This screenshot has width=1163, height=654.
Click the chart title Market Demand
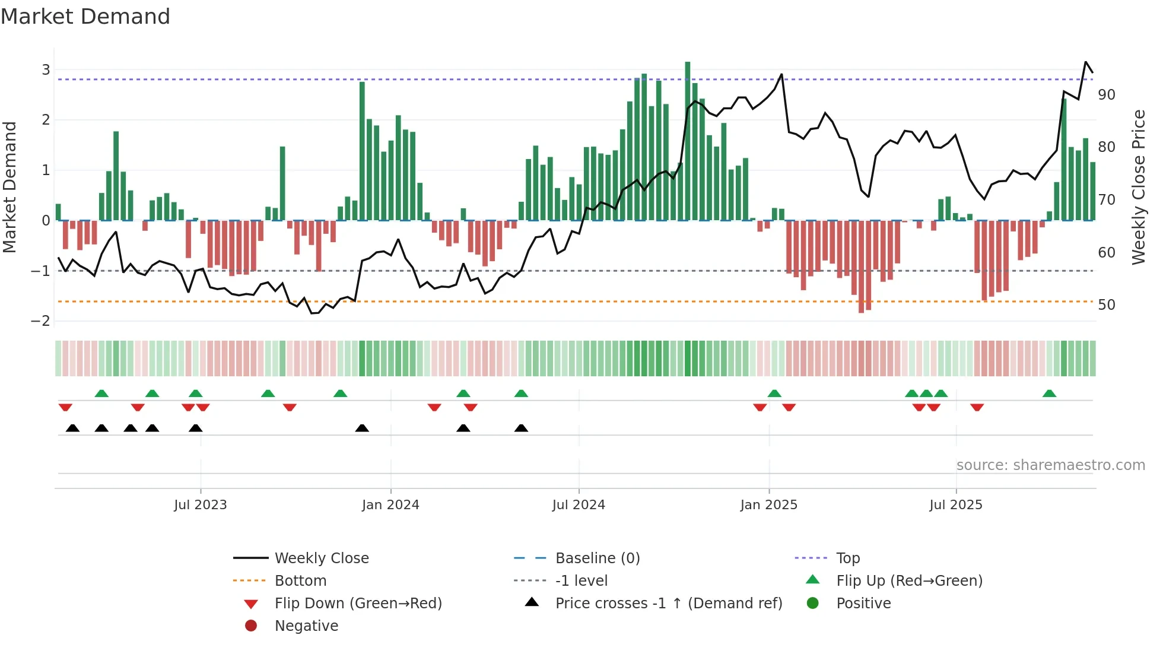tap(85, 17)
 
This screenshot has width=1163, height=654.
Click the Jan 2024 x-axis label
tap(390, 505)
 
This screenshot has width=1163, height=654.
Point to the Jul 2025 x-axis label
tap(956, 505)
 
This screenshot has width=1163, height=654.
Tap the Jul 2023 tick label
tap(201, 505)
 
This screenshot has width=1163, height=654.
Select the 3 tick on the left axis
tap(46, 70)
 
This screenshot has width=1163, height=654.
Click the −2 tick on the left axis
tap(41, 321)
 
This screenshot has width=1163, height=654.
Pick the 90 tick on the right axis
tap(1106, 95)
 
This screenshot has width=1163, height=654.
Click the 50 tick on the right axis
tap(1106, 305)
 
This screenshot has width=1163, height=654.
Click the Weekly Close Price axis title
tap(1138, 187)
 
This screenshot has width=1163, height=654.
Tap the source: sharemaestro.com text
tap(1050, 465)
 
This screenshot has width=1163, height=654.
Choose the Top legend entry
tap(848, 558)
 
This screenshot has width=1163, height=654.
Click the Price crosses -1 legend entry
tap(668, 604)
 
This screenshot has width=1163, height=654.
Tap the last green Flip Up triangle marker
tap(1049, 393)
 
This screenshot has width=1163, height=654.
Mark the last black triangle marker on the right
tap(521, 428)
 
